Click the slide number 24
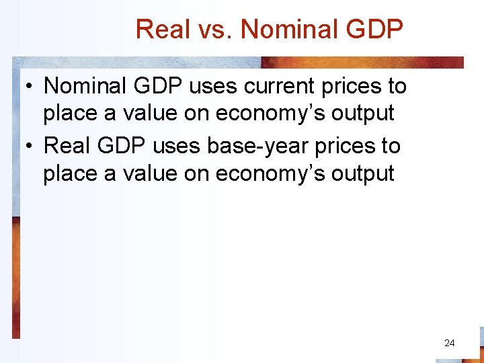coord(450,343)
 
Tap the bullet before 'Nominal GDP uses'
coord(30,87)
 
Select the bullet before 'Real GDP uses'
coord(30,147)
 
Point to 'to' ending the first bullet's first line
coord(396,86)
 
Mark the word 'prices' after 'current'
coord(346,86)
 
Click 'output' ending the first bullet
coord(363,113)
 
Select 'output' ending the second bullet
coord(363,173)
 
